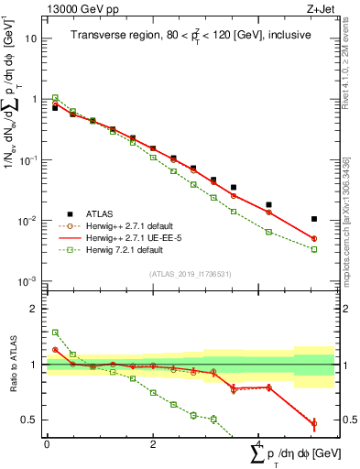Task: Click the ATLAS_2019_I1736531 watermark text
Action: point(191,274)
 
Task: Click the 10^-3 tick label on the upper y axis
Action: point(28,281)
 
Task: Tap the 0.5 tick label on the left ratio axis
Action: point(29,420)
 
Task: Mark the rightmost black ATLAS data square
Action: point(314,219)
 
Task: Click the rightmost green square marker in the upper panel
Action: point(314,249)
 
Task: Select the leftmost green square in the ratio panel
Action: point(55,333)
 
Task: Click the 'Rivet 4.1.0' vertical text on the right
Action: point(351,82)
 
